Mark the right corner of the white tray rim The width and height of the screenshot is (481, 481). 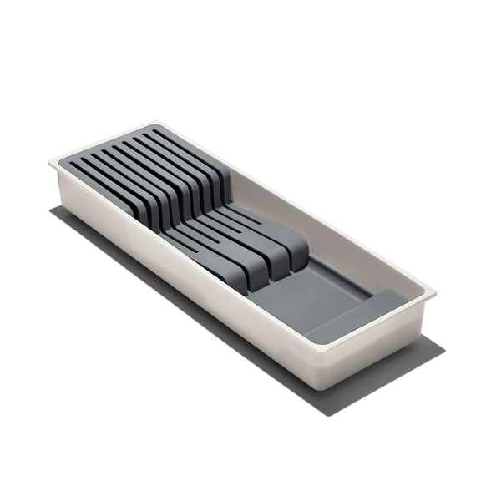pos(433,294)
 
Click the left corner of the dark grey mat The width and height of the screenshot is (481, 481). pos(50,209)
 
